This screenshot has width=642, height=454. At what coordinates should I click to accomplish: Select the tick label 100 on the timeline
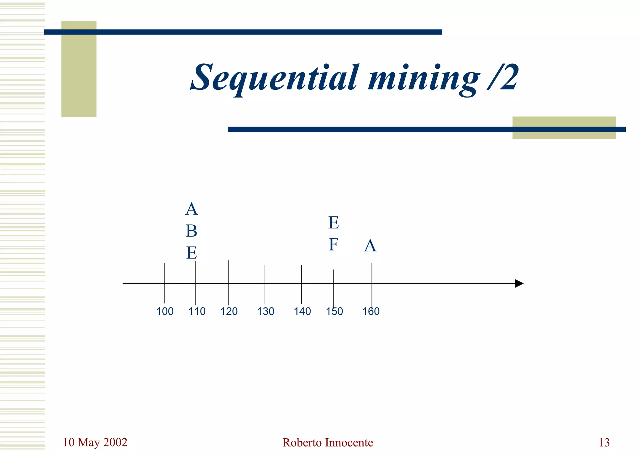pos(165,311)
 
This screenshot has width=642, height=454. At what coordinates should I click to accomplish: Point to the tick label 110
pos(197,311)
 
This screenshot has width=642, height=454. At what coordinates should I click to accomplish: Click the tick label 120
pos(229,311)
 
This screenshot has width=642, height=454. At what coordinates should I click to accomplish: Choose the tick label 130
pos(266,311)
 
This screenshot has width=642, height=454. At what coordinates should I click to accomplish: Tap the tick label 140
pos(302,311)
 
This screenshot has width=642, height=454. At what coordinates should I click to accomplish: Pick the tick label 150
pos(334,311)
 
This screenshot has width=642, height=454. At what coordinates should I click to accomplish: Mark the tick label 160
pos(371,311)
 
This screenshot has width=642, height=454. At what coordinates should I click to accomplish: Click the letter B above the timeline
pos(192,231)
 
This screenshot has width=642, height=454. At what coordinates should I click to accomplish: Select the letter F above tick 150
pos(333,245)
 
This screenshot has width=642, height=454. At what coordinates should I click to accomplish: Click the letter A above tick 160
pos(370,246)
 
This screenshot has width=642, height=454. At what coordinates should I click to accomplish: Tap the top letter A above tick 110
pos(192,209)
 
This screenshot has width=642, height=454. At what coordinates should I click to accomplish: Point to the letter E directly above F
pos(334,223)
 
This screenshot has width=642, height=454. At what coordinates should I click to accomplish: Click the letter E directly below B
pos(192,253)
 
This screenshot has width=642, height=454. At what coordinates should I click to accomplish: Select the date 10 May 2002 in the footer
pos(95,442)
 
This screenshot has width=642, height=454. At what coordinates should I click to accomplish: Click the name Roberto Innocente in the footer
pos(328,443)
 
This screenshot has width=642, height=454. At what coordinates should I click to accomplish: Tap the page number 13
pos(604,443)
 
